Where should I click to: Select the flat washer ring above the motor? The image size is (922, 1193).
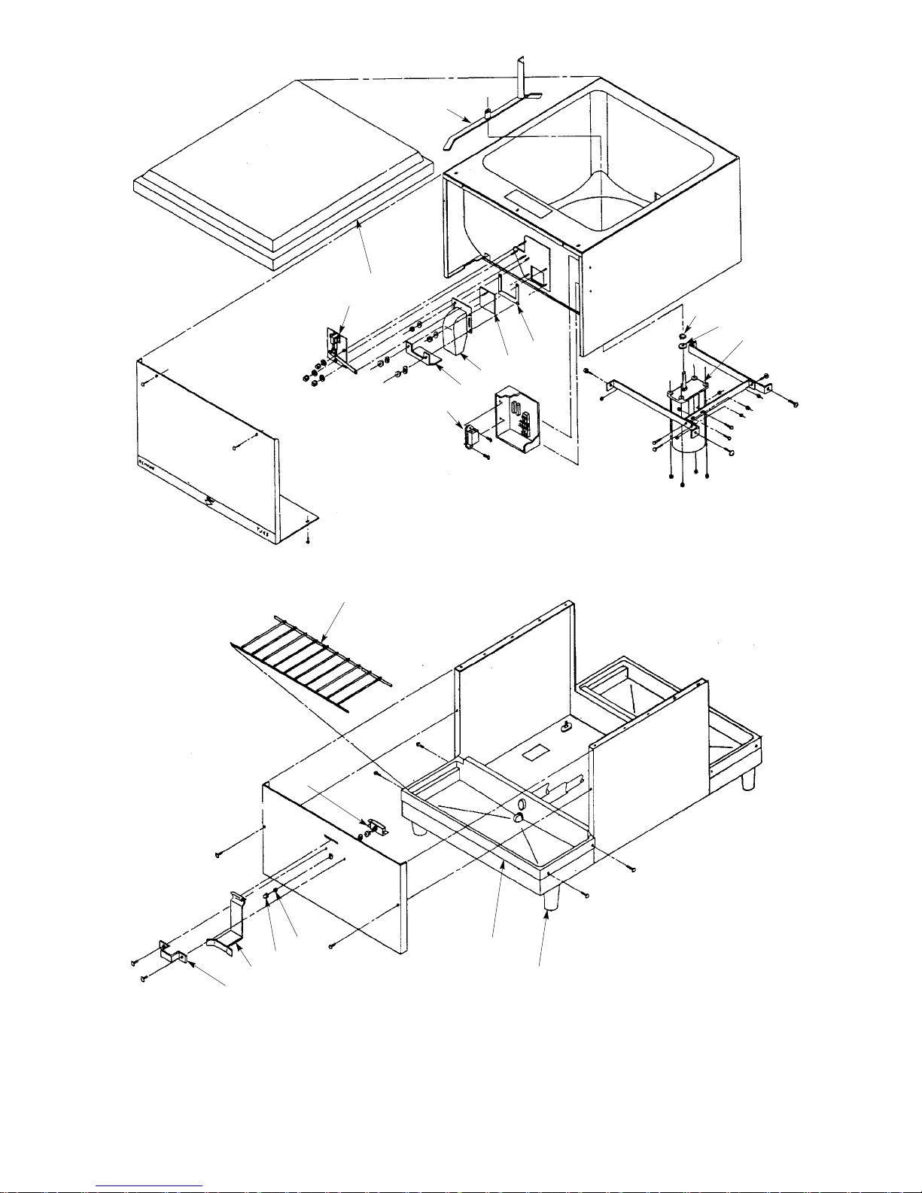(683, 345)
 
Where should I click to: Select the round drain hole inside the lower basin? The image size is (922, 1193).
(518, 817)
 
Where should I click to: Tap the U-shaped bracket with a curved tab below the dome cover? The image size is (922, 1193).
(423, 354)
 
